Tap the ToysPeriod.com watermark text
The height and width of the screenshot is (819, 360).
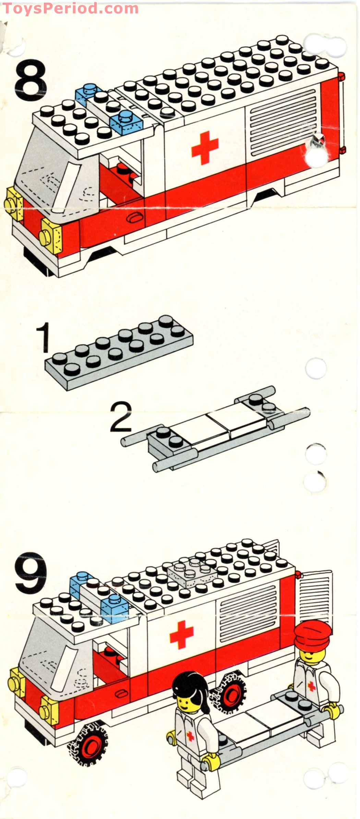coord(70,8)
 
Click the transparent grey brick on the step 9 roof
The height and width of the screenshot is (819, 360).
coord(192,572)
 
